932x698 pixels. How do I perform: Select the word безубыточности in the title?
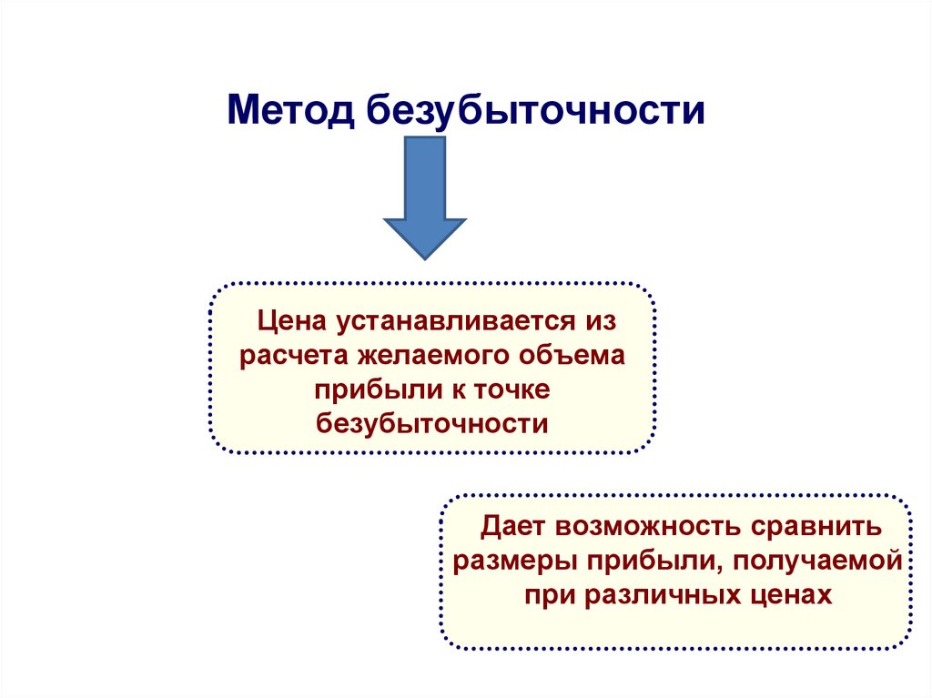(x=535, y=110)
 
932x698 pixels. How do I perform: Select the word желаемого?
(x=421, y=355)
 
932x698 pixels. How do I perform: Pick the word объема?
(x=572, y=355)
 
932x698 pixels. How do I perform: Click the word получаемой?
(x=815, y=561)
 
